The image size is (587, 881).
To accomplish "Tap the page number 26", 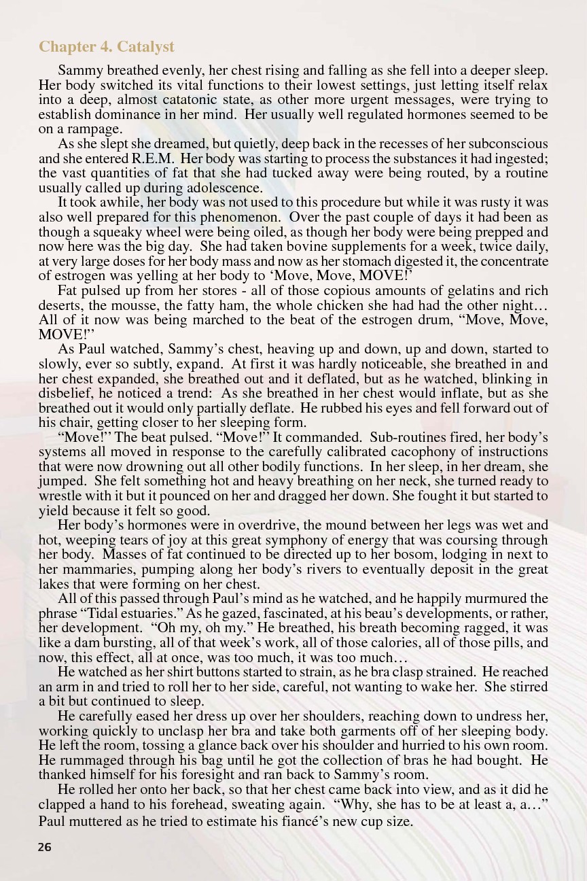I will pyautogui.click(x=45, y=847).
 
